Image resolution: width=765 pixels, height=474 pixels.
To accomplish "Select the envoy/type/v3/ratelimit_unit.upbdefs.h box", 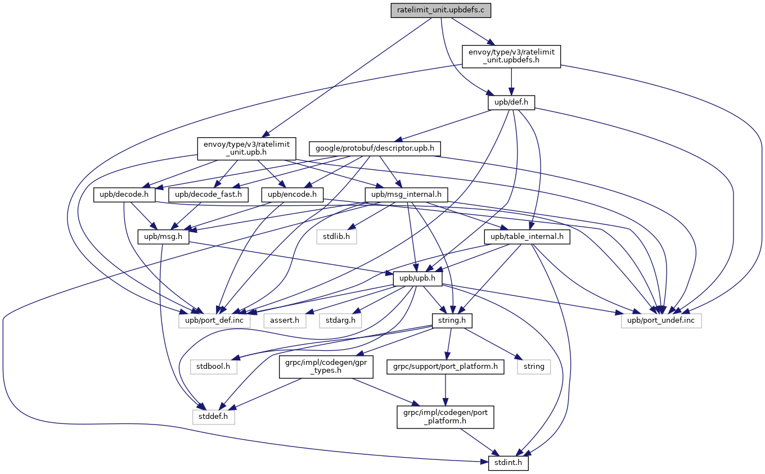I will click(x=511, y=57).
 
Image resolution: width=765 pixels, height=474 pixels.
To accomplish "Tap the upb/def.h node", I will click(x=511, y=103).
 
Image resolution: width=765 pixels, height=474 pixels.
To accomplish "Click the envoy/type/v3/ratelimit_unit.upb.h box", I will click(x=246, y=149).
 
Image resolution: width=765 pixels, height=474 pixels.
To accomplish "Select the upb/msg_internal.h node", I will click(x=406, y=195).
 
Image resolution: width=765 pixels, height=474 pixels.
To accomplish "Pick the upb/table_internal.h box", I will click(x=527, y=237).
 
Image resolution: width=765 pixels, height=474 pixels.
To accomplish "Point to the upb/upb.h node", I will click(x=418, y=279).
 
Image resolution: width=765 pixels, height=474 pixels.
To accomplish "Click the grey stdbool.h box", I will click(x=214, y=367).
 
